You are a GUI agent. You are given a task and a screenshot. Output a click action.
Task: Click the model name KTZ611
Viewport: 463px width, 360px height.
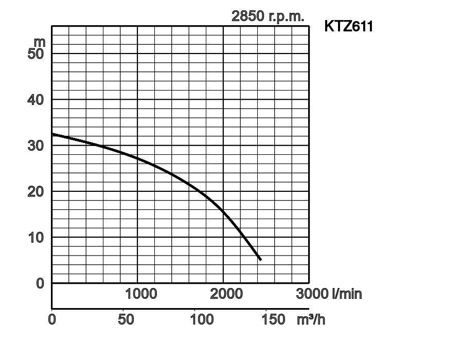348,26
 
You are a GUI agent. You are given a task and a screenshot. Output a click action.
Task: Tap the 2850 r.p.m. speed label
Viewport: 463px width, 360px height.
268,16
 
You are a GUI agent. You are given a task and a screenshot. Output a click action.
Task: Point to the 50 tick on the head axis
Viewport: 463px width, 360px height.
36,53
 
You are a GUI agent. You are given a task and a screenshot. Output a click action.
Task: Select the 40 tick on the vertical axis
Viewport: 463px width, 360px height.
36,99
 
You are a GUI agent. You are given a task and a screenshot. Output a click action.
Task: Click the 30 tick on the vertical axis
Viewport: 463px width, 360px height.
36,146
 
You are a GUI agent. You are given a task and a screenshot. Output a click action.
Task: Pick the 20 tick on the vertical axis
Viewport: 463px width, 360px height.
36,191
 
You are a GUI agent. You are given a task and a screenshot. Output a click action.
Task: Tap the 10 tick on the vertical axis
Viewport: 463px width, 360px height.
36,237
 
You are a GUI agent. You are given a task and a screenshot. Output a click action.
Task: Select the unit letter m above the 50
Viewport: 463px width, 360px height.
40,41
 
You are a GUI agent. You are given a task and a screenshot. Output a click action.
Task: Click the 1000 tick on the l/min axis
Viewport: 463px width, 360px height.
141,294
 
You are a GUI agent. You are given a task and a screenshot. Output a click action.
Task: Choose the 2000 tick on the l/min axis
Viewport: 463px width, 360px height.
226,294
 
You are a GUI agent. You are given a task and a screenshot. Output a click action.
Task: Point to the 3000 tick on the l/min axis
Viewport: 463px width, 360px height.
312,294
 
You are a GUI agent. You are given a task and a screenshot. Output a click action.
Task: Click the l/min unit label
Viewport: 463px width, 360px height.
347,294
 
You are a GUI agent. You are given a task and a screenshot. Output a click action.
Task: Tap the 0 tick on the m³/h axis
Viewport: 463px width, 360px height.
52,319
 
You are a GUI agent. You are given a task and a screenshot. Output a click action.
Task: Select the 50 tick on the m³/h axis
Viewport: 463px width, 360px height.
126,319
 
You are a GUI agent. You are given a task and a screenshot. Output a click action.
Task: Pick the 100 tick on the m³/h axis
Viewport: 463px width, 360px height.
202,319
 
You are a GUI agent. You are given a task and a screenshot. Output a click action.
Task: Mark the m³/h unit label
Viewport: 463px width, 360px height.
311,319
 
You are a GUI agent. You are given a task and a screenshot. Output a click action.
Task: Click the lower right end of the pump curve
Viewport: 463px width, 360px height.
260,260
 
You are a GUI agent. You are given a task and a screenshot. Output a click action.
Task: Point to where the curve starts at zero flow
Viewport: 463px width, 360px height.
52,134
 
